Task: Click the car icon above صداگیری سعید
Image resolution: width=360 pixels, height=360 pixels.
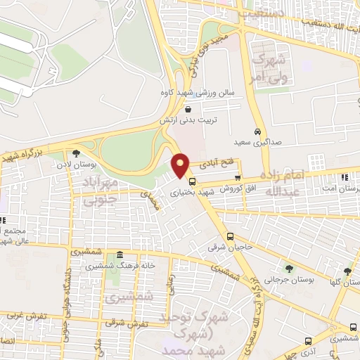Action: [x=258, y=131]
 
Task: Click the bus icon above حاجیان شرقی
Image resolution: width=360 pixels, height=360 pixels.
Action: [x=231, y=236]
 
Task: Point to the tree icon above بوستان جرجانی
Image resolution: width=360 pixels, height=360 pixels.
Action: [x=289, y=268]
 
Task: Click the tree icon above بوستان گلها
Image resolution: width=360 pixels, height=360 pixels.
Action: [x=348, y=271]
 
